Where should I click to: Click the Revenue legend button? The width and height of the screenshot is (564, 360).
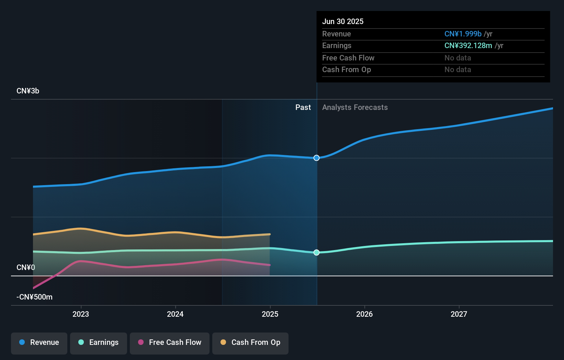39,343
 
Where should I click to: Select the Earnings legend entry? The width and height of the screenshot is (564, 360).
99,343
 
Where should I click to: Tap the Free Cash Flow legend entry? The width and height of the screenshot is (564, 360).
170,343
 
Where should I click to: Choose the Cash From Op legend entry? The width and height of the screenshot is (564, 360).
250,343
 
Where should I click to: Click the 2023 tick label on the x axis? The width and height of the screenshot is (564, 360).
81,314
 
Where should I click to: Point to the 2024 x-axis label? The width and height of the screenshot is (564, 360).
175,314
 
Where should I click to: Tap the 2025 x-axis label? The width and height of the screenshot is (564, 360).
270,314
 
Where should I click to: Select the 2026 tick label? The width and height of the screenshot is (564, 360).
364,314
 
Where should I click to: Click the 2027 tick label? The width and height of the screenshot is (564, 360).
459,314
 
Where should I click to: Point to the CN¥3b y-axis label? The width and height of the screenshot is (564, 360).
28,91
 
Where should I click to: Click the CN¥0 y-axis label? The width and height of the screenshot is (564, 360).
26,267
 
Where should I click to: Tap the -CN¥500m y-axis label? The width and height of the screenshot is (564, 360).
35,297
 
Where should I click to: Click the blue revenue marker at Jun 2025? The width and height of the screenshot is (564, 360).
316,158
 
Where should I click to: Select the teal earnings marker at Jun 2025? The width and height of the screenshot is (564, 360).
316,252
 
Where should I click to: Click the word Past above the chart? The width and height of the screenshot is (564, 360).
303,108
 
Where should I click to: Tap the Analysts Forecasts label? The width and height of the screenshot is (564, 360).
355,108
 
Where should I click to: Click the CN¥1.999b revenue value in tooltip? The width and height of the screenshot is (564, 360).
463,34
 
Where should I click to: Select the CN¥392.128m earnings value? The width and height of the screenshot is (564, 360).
468,46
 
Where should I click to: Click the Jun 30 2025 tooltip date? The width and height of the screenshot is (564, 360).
343,21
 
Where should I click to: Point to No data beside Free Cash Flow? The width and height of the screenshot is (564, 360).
458,58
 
